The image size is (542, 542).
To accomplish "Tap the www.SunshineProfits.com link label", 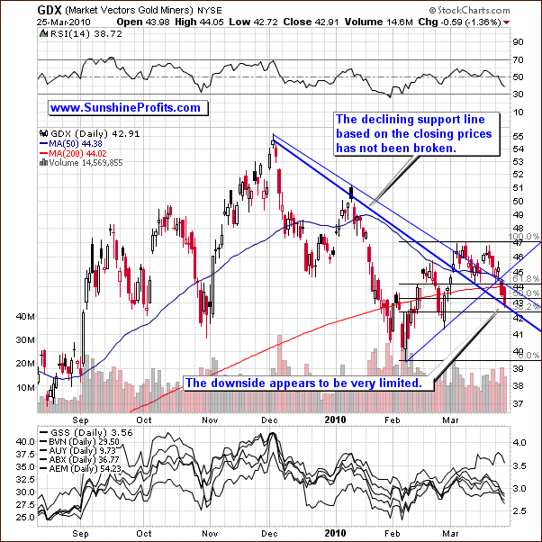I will click(x=125, y=107).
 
